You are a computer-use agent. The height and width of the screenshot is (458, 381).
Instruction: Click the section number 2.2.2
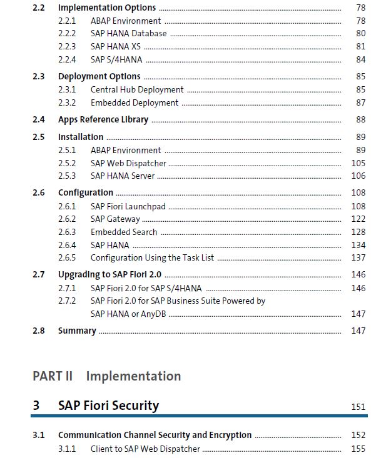67,34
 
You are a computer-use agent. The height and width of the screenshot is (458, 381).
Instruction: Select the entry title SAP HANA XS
116,47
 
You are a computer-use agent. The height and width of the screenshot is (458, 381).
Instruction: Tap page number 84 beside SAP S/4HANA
360,59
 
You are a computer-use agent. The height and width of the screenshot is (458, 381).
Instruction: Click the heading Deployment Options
99,76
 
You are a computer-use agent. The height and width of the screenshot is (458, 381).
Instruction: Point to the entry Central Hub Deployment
137,90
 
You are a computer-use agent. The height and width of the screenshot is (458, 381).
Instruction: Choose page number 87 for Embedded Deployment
360,103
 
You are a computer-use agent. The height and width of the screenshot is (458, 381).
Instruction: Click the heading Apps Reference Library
103,120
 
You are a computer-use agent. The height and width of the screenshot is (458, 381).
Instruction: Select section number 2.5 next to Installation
39,137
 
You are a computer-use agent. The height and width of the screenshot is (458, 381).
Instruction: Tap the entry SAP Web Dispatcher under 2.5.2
128,163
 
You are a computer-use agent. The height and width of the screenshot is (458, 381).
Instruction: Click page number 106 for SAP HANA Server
358,176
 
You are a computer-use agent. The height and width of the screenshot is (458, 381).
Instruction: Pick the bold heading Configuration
86,193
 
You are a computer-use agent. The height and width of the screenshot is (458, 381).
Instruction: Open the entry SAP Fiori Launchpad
128,207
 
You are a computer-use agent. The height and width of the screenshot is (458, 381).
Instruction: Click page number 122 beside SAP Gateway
358,219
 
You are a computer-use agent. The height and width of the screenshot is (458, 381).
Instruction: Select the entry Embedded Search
124,232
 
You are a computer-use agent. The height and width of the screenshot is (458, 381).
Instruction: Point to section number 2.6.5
67,258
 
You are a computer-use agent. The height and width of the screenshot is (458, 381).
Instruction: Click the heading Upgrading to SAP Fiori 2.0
109,275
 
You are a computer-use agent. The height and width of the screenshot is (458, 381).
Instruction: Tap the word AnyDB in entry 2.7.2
153,314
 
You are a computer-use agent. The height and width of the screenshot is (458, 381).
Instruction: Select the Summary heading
77,331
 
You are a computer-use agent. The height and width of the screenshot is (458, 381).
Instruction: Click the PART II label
53,376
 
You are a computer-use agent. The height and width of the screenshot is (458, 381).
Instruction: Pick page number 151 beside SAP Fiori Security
358,407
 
